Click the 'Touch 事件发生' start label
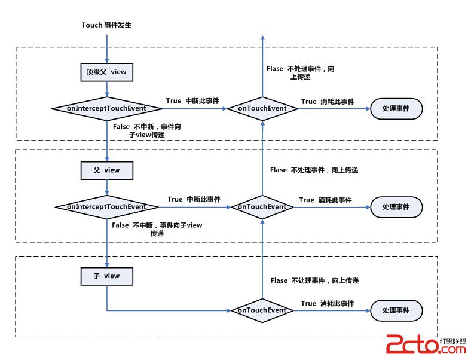coord(106,25)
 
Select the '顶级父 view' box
coord(106,72)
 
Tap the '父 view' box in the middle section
coord(106,170)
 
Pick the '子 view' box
coord(106,276)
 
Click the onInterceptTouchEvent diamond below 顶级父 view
coord(107,108)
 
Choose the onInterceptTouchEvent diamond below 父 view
coord(107,207)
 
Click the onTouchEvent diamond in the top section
coord(262,108)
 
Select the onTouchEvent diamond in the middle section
coord(262,207)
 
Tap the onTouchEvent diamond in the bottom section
coord(262,310)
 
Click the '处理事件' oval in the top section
coord(397,108)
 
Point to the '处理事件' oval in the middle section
coord(397,207)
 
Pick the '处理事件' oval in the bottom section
coord(397,311)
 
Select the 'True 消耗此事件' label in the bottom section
coord(328,304)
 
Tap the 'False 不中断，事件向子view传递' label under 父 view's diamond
coord(157,229)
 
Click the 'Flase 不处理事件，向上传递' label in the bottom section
coord(314,280)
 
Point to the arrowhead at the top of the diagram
coord(262,38)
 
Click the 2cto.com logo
coord(426,345)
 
